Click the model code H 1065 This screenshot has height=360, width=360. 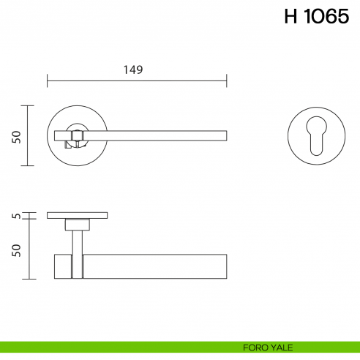[x=316, y=18]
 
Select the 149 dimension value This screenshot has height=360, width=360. [x=132, y=70]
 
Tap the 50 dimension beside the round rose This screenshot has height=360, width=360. [x=16, y=136]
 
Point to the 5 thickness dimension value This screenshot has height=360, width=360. [x=16, y=216]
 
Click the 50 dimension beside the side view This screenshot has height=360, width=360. [x=16, y=250]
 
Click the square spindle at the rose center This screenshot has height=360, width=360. [x=75, y=135]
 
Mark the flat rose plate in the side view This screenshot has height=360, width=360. [x=77, y=215]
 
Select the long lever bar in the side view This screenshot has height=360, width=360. [x=154, y=266]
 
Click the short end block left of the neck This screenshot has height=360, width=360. [x=63, y=266]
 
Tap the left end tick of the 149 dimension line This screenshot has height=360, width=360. [x=48, y=80]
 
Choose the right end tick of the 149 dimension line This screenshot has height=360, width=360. [x=227, y=80]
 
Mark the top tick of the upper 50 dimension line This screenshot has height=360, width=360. [x=28, y=105]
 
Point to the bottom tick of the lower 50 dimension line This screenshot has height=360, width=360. [x=28, y=279]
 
